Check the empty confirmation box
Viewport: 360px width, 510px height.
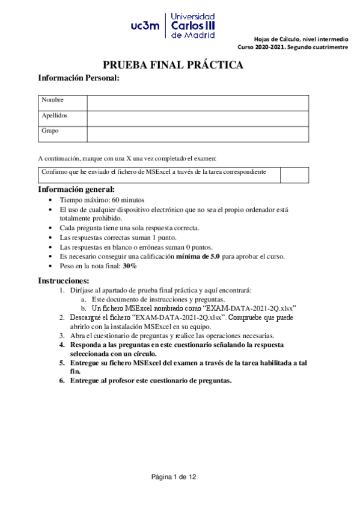click(x=294, y=175)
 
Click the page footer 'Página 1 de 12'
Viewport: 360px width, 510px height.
click(x=174, y=476)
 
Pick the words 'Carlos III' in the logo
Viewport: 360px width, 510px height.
click(x=192, y=26)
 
